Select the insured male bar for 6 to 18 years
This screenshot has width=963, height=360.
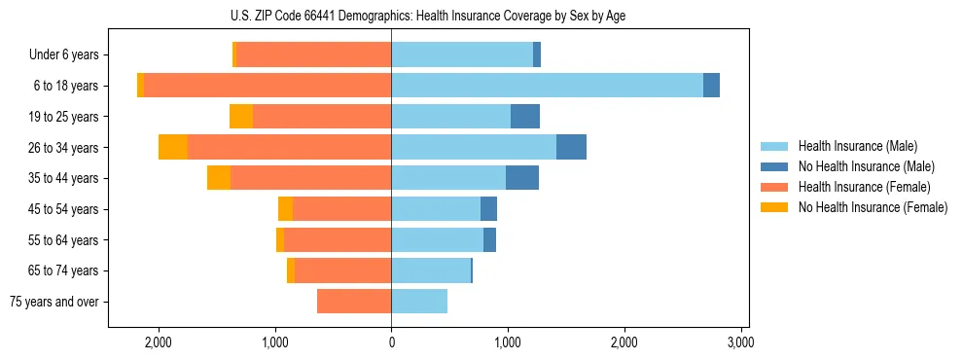547,86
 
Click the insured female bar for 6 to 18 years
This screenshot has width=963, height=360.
267,86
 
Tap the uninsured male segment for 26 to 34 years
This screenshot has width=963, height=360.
571,147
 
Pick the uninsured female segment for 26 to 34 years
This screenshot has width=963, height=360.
173,147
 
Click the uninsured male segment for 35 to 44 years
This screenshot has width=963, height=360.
522,178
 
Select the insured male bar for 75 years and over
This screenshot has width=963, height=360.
419,302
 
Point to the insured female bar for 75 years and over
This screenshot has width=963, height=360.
354,302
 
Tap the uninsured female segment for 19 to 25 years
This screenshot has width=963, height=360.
241,117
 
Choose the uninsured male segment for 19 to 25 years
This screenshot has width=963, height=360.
525,117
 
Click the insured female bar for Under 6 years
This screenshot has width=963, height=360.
314,54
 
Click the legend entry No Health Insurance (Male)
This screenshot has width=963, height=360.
864,167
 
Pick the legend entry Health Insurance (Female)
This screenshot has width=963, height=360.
864,187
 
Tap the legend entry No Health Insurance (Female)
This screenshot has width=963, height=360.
872,207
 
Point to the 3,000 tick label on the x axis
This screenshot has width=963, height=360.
741,342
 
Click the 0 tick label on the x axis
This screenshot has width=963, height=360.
391,342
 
